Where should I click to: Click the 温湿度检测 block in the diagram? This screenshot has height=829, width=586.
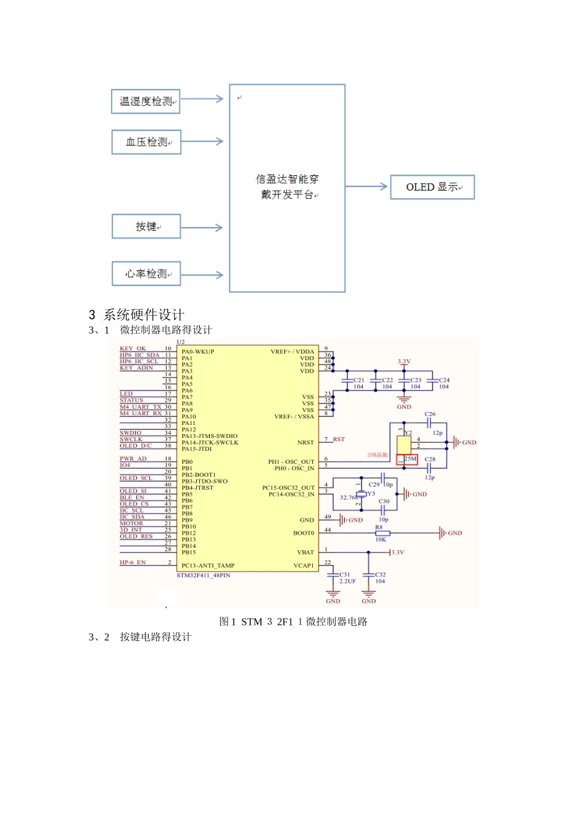(146, 101)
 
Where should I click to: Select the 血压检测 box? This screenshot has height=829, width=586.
(146, 142)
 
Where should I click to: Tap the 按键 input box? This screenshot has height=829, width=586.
(146, 226)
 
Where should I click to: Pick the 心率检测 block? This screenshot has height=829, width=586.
(146, 273)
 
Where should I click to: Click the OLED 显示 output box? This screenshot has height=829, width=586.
(432, 187)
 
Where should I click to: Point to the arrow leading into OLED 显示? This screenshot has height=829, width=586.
(366, 186)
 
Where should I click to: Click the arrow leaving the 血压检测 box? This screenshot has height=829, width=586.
(202, 142)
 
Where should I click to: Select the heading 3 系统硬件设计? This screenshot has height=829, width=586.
(136, 315)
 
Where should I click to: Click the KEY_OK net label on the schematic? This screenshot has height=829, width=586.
(133, 349)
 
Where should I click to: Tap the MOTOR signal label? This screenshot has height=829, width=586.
(131, 523)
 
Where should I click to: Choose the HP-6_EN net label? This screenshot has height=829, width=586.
(133, 562)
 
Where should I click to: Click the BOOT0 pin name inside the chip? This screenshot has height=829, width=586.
(303, 533)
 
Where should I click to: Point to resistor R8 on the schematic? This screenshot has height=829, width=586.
(382, 533)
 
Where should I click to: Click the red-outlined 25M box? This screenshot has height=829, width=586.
(410, 459)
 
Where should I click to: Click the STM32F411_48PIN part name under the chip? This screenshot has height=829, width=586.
(204, 575)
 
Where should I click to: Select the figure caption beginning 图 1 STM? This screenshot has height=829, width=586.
(293, 621)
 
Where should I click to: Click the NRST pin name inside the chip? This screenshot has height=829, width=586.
(305, 442)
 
